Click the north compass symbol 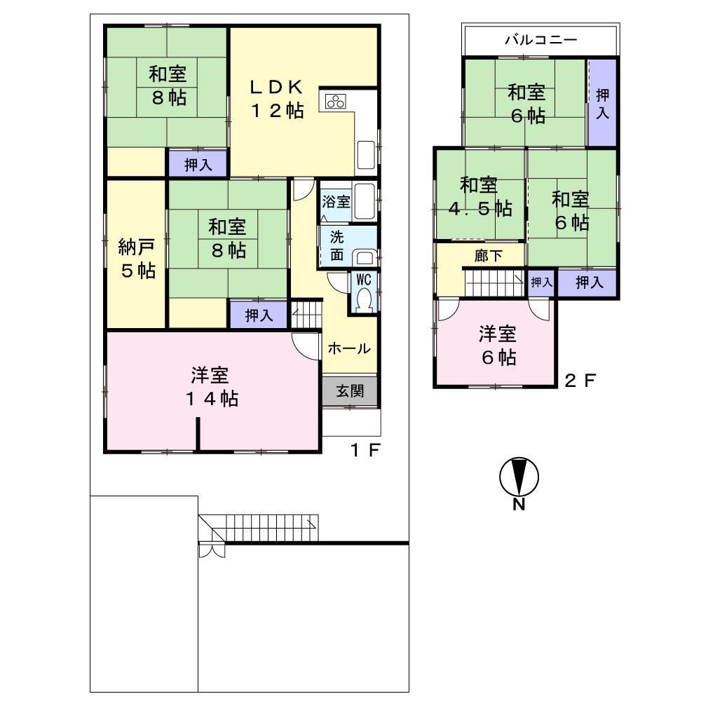[519, 478]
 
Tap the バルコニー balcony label [540, 40]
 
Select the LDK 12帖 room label [278, 98]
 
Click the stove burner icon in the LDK [334, 102]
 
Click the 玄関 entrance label [350, 391]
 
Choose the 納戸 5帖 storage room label [136, 258]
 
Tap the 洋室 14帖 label [215, 387]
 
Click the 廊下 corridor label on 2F [489, 257]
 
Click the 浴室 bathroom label [336, 202]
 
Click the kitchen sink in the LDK [367, 156]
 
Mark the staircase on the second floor [495, 283]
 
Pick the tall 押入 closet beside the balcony [601, 103]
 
